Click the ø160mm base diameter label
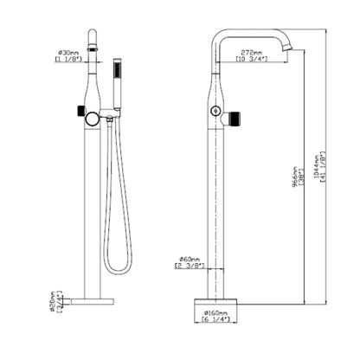[x=216, y=312]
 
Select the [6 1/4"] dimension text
[x=216, y=322]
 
